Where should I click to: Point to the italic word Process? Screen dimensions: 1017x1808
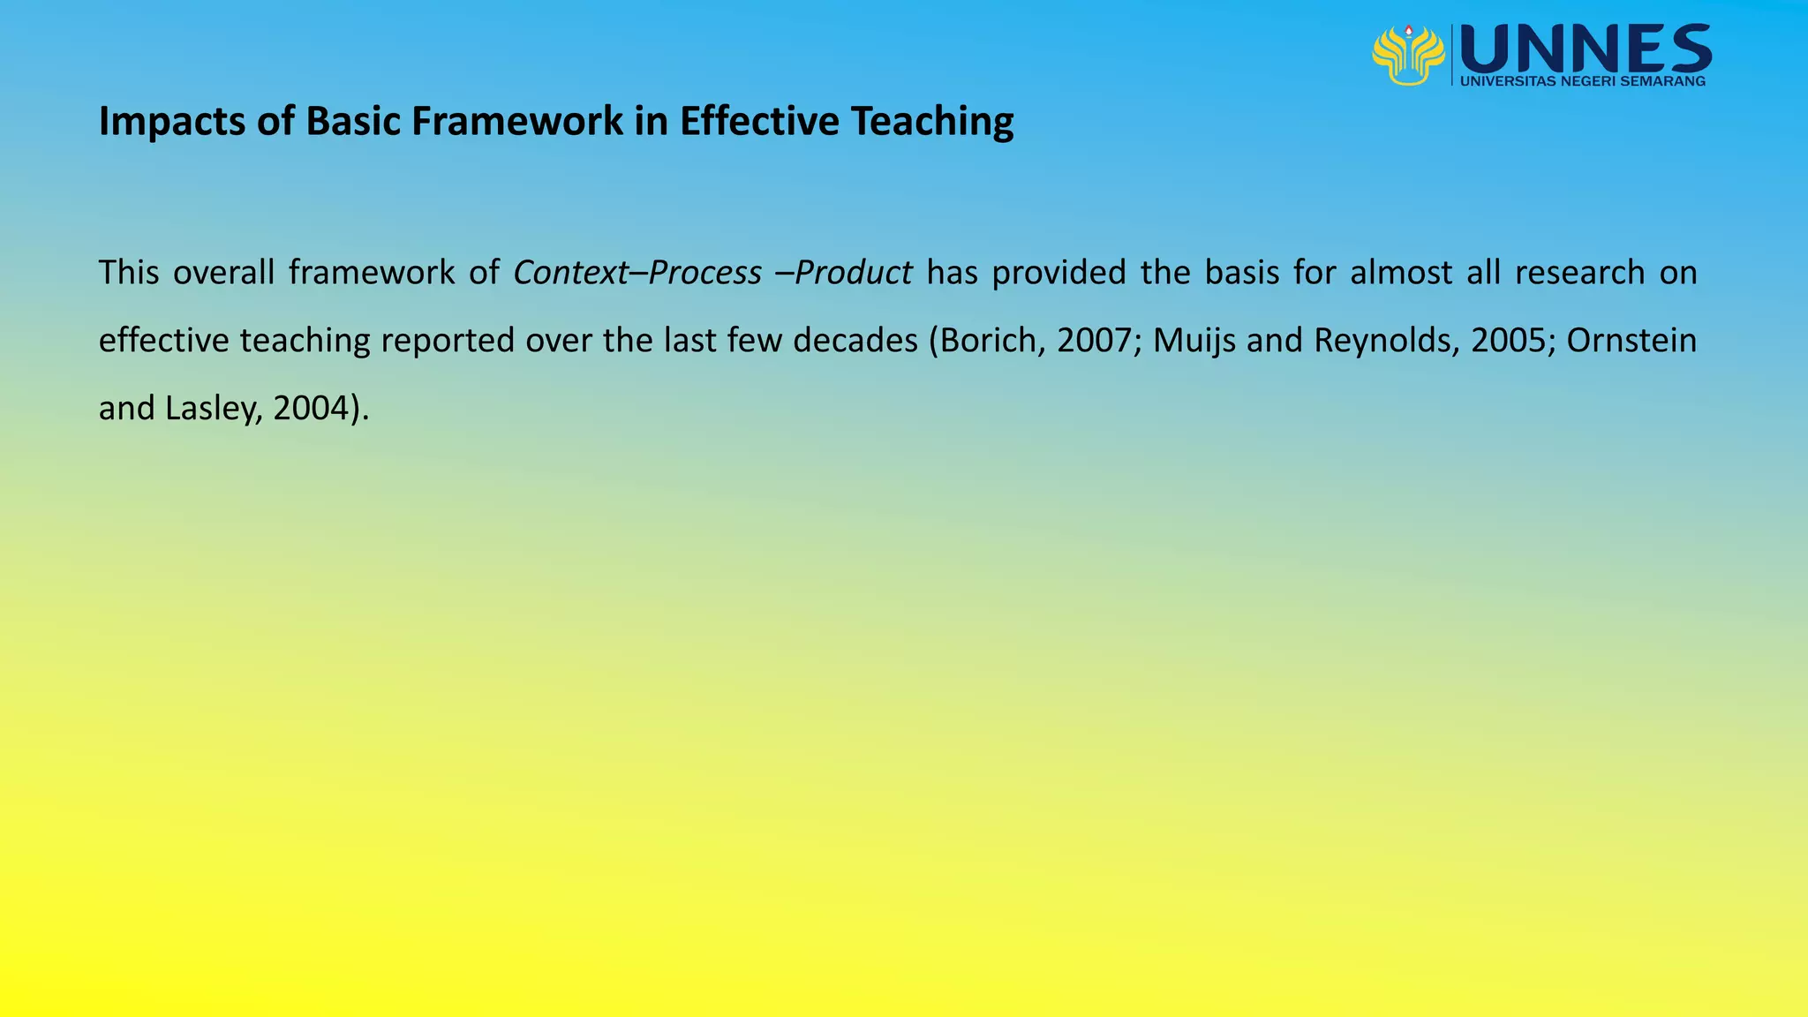coord(704,273)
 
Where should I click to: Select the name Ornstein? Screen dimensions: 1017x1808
coord(1631,341)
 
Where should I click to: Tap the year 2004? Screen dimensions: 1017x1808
coord(311,409)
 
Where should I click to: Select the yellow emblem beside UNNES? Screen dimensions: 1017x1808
coord(1408,55)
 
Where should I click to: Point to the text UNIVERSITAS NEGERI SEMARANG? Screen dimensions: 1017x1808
coord(1583,81)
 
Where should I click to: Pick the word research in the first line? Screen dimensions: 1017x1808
coord(1579,273)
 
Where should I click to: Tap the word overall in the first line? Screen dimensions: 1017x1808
coord(223,273)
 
